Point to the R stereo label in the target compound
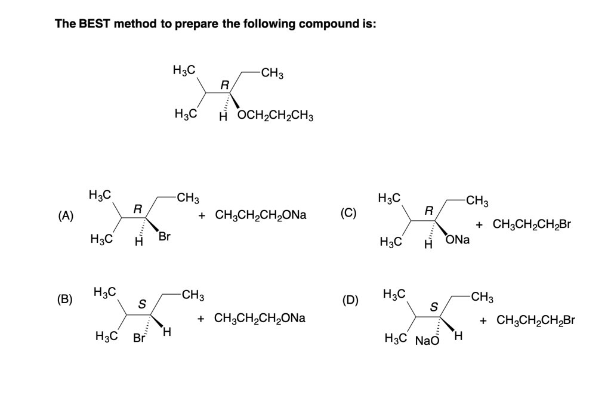pos(224,85)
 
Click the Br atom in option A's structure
pos(164,237)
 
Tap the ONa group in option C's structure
pos(458,240)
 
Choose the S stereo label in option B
pos(142,304)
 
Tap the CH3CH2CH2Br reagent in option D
pos(535,320)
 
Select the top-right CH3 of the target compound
pos(272,74)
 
